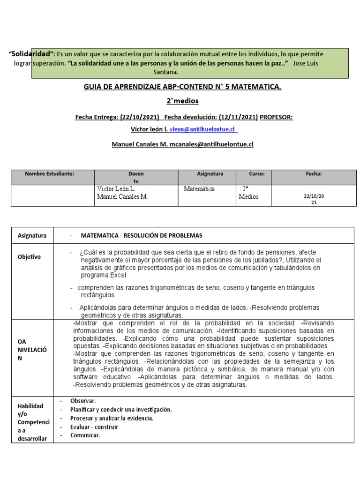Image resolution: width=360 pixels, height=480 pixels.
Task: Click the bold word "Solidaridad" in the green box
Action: [x=32, y=54]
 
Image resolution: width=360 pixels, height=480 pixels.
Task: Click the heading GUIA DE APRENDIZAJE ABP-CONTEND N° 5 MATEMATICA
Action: [x=182, y=87]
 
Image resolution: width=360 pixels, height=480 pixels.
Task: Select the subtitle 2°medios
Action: [x=182, y=101]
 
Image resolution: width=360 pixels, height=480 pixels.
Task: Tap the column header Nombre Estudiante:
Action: [x=50, y=173]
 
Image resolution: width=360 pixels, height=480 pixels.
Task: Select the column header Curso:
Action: [x=256, y=173]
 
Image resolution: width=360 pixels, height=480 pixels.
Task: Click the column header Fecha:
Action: [x=314, y=173]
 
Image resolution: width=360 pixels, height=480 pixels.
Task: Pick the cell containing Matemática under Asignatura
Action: [x=199, y=189]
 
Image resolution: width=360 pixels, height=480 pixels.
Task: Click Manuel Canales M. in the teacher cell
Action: [x=122, y=197]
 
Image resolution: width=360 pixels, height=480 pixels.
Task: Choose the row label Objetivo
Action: [x=30, y=257]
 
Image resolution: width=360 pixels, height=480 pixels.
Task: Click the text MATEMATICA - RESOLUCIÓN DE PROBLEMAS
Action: [x=141, y=235]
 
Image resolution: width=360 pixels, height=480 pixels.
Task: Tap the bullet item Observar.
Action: [x=83, y=401]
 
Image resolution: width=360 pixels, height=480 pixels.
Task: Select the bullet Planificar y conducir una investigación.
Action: [x=121, y=409]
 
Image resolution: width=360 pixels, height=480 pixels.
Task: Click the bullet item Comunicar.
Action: [x=85, y=435]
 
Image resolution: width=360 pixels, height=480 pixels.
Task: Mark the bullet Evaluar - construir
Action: [x=94, y=427]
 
